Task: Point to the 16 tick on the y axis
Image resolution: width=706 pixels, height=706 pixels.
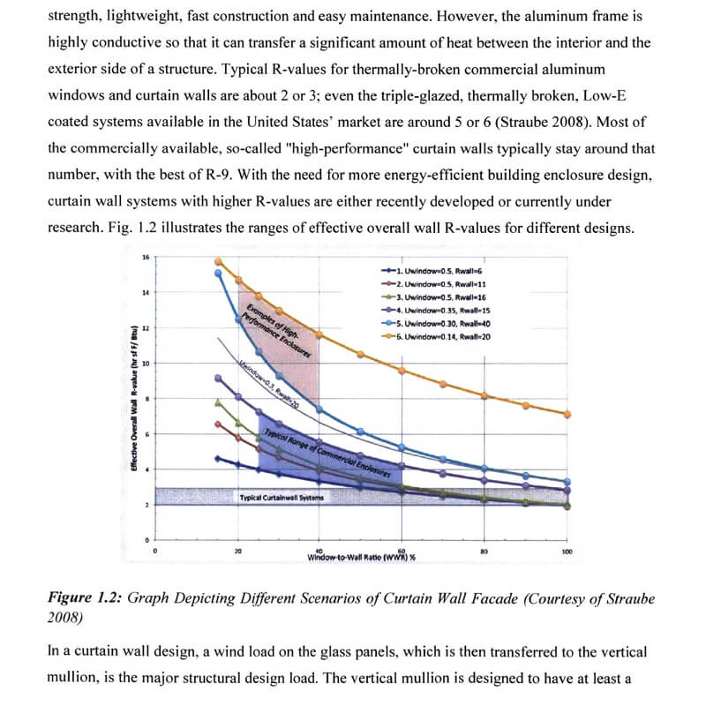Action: click(145, 258)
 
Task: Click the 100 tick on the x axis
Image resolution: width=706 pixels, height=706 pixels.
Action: click(567, 552)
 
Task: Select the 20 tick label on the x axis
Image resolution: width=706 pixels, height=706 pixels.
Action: click(238, 552)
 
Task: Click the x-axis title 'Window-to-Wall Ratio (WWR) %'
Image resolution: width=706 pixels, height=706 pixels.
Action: click(362, 557)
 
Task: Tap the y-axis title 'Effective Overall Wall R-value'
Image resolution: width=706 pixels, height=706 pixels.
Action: click(134, 398)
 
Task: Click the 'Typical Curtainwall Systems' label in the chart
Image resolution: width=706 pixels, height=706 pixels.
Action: click(281, 498)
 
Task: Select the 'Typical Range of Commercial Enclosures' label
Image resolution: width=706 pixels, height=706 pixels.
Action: click(327, 452)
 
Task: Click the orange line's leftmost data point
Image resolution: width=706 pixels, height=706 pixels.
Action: click(218, 261)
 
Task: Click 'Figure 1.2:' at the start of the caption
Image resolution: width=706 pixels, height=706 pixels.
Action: click(85, 597)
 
